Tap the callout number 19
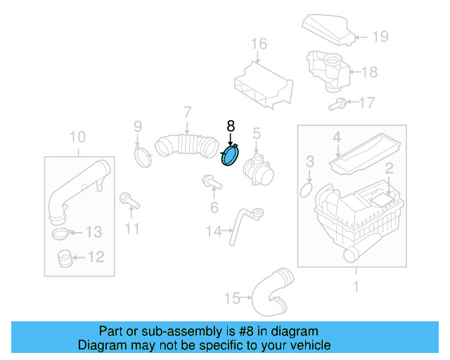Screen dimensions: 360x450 (x=380, y=37)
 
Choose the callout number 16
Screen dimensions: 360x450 (x=259, y=44)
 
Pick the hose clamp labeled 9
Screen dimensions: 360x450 (x=143, y=156)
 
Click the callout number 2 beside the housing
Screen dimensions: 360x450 (x=387, y=168)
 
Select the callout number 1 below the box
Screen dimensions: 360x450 (x=356, y=286)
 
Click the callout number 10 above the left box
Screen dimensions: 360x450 (x=77, y=136)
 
